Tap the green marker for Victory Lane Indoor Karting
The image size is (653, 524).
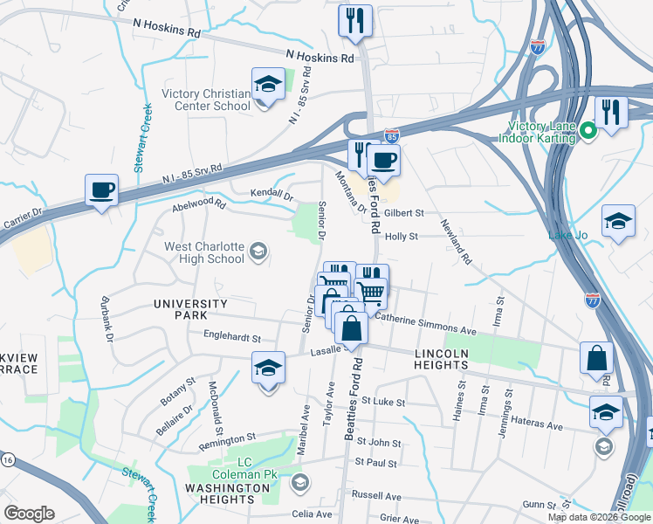click(588, 132)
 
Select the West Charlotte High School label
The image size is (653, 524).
click(204, 252)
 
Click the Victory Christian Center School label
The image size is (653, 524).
click(205, 100)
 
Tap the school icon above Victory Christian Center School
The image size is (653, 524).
click(268, 85)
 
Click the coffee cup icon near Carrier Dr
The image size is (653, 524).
click(101, 190)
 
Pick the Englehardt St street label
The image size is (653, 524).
click(232, 336)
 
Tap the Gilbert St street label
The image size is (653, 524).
click(404, 212)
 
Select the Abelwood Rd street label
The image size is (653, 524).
click(199, 207)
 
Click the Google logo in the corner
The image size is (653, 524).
click(29, 514)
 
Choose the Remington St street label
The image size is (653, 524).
click(226, 437)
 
